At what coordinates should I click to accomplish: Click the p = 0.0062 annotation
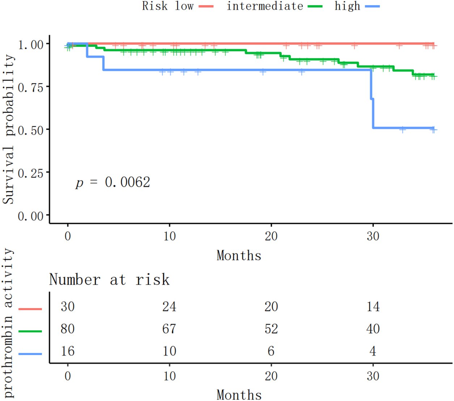(113, 182)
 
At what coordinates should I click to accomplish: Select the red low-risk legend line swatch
(206, 7)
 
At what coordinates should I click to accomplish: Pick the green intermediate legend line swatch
(315, 7)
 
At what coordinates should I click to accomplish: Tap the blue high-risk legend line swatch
(373, 7)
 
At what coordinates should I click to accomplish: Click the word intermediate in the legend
(265, 6)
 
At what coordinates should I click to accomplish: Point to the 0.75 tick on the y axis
(31, 87)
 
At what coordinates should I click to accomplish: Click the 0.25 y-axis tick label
(31, 173)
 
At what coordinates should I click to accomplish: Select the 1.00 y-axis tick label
(31, 45)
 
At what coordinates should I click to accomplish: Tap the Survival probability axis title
(9, 129)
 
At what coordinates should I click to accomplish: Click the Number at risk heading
(109, 280)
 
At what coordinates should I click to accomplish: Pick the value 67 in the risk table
(169, 329)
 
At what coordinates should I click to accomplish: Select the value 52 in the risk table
(271, 329)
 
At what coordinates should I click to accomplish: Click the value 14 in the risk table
(373, 307)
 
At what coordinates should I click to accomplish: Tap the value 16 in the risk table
(68, 351)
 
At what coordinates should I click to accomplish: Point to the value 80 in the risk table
(68, 329)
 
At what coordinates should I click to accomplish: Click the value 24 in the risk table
(169, 307)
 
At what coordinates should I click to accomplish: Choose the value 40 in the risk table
(373, 329)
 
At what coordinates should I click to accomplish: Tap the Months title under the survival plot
(239, 256)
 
